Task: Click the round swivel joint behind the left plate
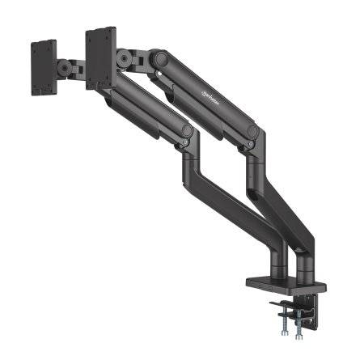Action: click(74, 66)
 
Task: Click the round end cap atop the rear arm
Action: click(159, 59)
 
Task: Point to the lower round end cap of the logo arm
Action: click(252, 131)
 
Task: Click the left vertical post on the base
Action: click(277, 264)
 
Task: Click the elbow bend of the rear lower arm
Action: click(255, 162)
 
